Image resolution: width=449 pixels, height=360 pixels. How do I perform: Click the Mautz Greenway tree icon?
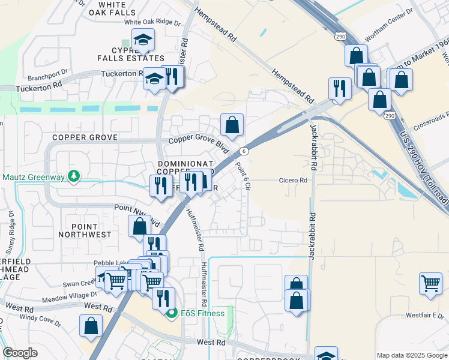73,176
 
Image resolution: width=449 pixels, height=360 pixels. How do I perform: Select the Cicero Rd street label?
293,180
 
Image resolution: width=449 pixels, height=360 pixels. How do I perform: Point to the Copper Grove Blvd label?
199,144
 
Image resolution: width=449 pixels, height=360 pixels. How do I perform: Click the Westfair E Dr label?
426,314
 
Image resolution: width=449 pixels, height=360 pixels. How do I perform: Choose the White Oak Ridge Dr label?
152,22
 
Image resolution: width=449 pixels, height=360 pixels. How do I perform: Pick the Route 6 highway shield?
244,151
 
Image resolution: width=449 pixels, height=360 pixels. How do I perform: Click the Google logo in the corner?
20,352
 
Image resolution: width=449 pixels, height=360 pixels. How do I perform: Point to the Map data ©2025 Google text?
412,355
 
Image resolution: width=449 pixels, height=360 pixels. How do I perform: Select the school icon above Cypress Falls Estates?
143,40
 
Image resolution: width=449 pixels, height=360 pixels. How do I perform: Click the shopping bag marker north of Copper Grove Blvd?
232,125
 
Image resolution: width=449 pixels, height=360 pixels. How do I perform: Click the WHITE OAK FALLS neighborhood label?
108,8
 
